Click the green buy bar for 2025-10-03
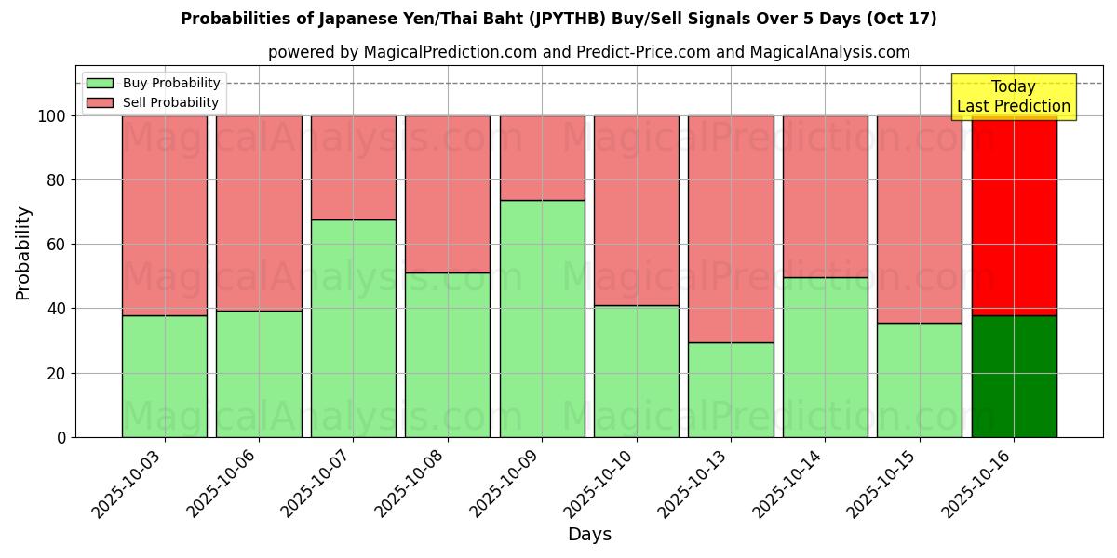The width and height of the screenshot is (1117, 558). (x=164, y=376)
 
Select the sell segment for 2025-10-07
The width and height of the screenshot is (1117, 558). (x=353, y=167)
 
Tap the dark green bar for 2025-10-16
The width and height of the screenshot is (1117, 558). (x=1014, y=376)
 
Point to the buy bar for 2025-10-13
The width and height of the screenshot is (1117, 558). (x=731, y=390)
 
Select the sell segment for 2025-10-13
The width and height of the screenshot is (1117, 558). (x=731, y=229)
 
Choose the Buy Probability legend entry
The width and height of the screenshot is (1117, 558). (x=153, y=83)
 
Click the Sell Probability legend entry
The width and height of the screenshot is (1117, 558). (x=153, y=102)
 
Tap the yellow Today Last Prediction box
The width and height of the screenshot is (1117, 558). (x=1014, y=97)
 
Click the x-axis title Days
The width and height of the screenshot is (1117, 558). (x=589, y=534)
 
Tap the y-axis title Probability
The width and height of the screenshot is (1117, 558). (x=23, y=253)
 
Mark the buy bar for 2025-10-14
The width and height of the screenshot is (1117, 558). (x=825, y=357)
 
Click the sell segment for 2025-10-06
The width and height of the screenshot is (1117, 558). (x=259, y=213)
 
